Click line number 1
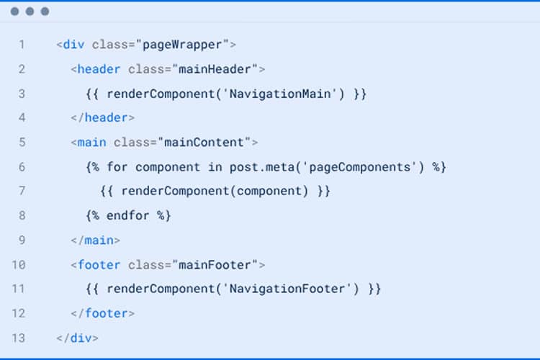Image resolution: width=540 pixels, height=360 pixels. [22, 45]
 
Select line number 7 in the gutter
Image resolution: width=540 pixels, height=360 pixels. [22, 191]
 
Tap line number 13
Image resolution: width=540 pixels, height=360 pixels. [19, 338]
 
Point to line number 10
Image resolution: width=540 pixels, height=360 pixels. [19, 264]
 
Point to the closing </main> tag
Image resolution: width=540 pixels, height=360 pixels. [96, 240]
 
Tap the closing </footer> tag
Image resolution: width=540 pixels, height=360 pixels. [103, 313]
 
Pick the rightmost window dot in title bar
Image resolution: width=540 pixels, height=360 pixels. [45, 12]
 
